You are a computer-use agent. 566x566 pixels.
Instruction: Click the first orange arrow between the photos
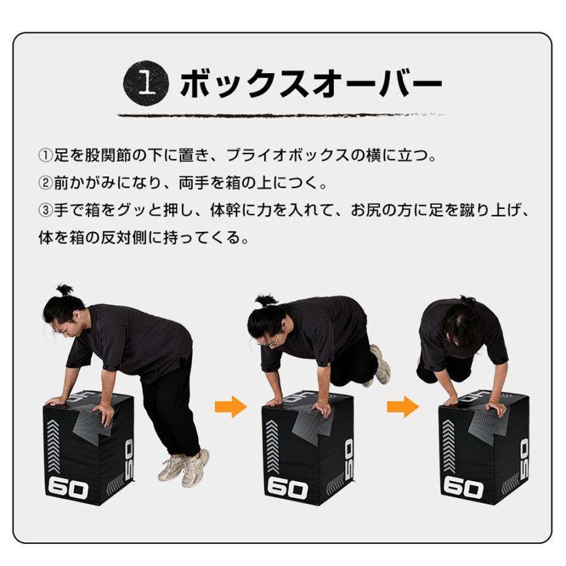click(x=230, y=407)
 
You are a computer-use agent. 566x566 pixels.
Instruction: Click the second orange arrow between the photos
click(x=402, y=407)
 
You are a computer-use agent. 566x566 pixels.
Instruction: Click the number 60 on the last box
click(x=463, y=487)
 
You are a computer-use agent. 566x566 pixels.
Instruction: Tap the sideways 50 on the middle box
click(x=350, y=454)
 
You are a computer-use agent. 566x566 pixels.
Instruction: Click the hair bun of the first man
click(x=64, y=291)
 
